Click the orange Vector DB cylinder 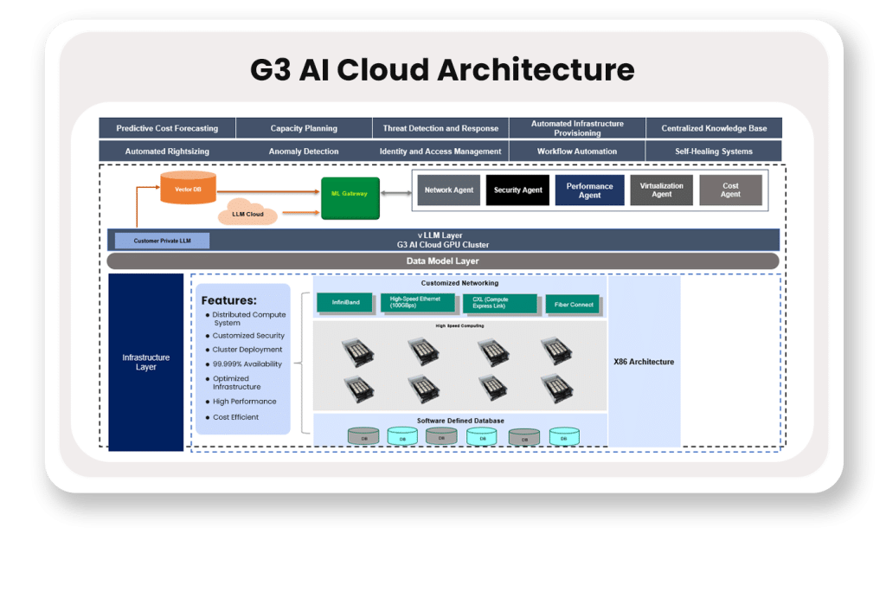(x=188, y=187)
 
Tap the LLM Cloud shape (x=248, y=212)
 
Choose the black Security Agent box (x=517, y=190)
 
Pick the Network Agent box (x=448, y=190)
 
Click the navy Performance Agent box (x=589, y=190)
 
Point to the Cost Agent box (x=730, y=190)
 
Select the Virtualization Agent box (x=661, y=190)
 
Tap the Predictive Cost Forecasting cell (x=167, y=128)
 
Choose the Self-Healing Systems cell (x=714, y=151)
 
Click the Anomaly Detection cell (x=304, y=151)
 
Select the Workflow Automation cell (x=577, y=151)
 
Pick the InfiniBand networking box (x=345, y=303)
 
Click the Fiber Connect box (x=574, y=305)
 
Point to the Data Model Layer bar (x=442, y=261)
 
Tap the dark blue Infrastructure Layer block (x=146, y=362)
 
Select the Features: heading (x=228, y=300)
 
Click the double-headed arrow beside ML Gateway (x=395, y=194)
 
